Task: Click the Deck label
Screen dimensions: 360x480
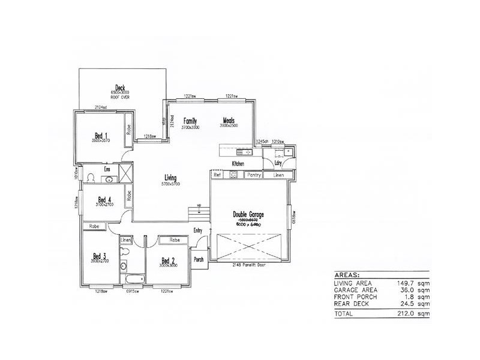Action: coord(120,88)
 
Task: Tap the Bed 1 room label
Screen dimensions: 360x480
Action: coord(101,134)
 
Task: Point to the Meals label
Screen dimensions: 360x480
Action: coord(229,121)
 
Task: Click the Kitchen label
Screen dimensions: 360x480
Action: coord(239,163)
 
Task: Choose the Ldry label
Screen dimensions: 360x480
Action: coord(278,163)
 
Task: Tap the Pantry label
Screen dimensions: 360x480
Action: coord(254,175)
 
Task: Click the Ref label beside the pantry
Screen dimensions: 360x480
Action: coord(218,175)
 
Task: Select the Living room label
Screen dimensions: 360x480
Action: coord(170,178)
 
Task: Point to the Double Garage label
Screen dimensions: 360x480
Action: coord(248,214)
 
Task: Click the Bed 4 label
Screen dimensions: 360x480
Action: coord(104,200)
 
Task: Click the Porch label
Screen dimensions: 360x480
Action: coord(199,259)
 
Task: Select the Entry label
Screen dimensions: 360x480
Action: coord(198,230)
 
